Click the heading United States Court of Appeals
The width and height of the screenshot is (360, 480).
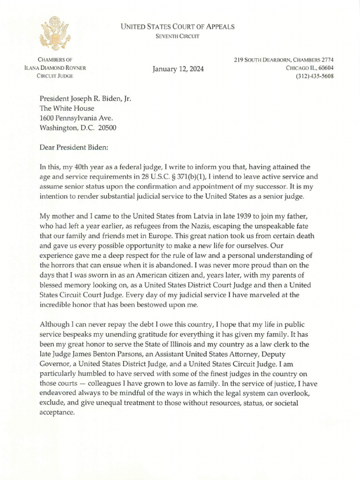178,27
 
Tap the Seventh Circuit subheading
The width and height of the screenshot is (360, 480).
178,37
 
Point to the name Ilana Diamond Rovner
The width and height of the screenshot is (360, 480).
56,68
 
